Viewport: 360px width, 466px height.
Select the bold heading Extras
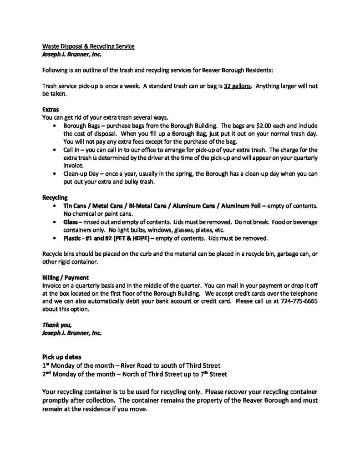click(50, 110)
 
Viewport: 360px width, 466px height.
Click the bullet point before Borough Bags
click(56, 125)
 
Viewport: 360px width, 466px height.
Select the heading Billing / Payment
click(65, 277)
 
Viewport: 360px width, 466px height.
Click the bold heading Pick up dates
click(62, 357)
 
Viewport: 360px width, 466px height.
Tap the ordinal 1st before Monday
click(45, 365)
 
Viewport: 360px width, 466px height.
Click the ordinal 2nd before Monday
click(46, 374)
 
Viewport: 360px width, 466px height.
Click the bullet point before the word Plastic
click(56, 238)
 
